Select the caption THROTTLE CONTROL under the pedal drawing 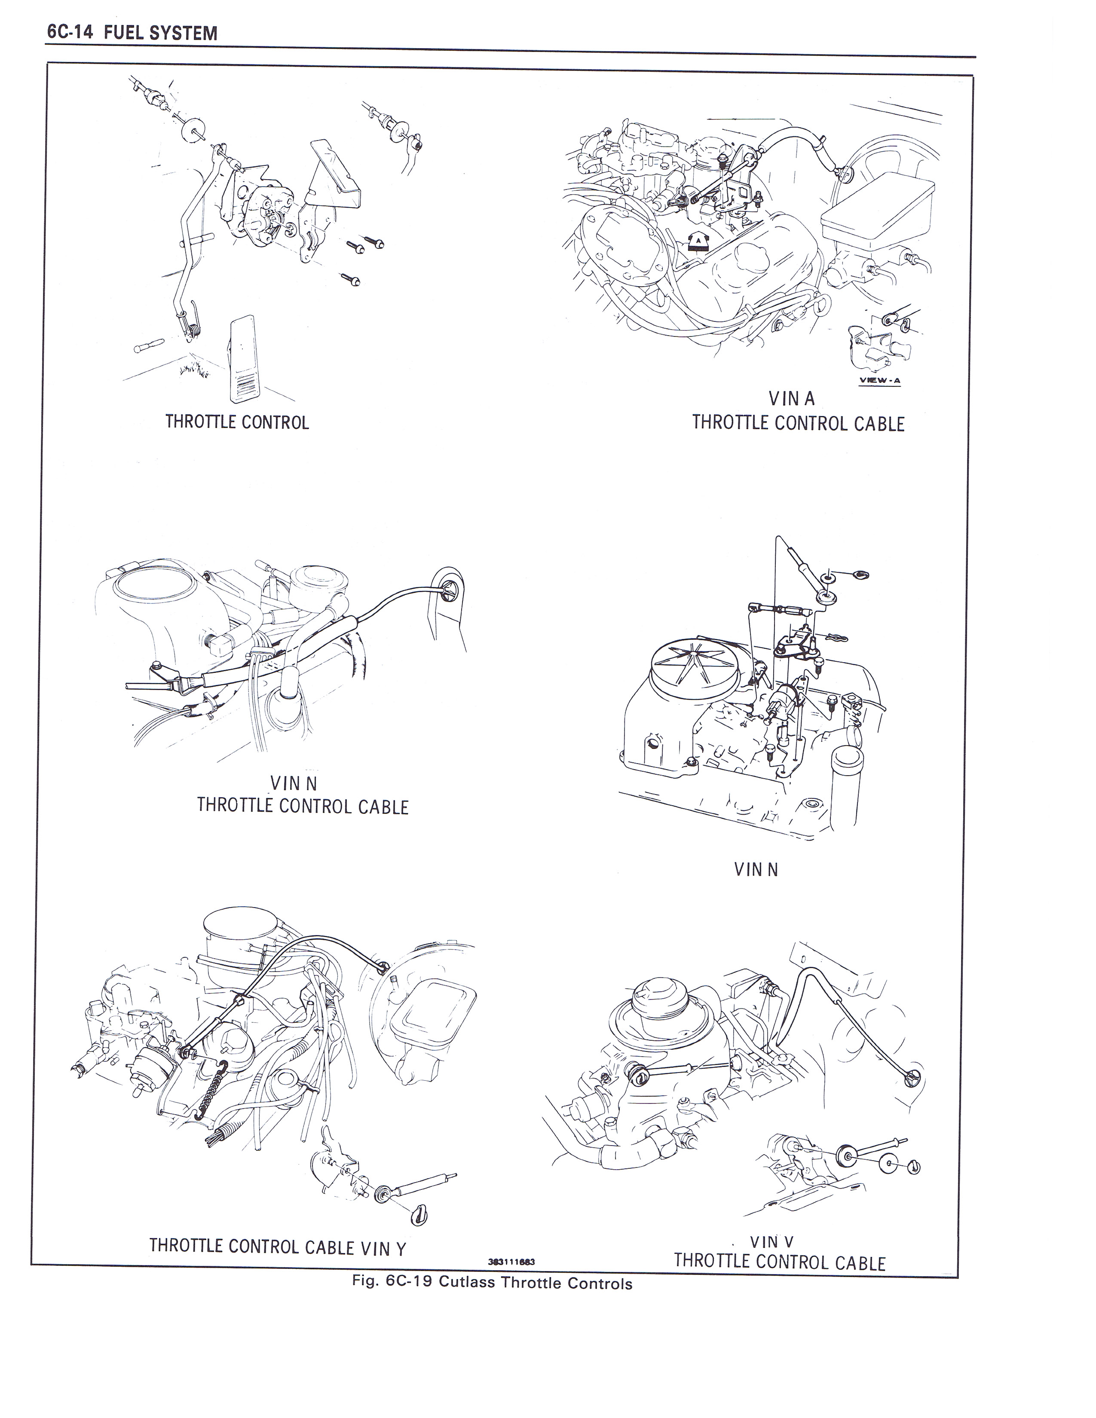point(237,423)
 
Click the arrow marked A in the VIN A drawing point(697,241)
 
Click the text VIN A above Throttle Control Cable point(791,398)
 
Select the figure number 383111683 point(511,1262)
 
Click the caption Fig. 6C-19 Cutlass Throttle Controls point(492,1284)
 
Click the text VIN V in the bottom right point(771,1242)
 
